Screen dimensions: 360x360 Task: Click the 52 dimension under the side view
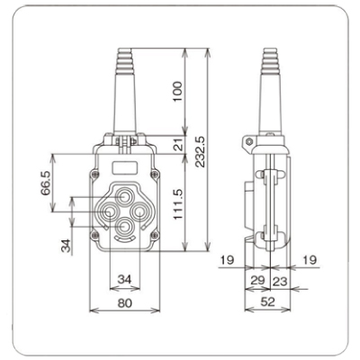point(269,303)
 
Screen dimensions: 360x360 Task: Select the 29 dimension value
point(257,282)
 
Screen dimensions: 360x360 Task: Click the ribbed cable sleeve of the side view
point(269,85)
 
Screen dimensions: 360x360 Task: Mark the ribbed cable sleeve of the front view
point(123,85)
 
